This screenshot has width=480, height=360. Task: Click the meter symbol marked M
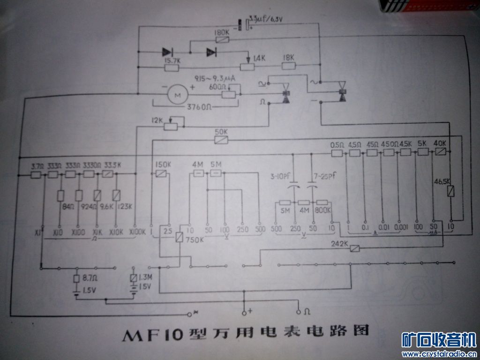click(177, 95)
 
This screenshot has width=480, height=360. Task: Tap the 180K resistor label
click(221, 33)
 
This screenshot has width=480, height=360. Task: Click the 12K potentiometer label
click(157, 120)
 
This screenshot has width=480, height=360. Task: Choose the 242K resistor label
click(338, 243)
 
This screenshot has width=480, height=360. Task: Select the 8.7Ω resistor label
click(90, 278)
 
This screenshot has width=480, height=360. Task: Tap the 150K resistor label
click(162, 165)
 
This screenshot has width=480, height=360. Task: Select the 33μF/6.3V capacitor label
click(267, 18)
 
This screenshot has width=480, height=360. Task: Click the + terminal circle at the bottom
click(244, 312)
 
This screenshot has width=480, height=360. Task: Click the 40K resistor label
click(440, 143)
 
